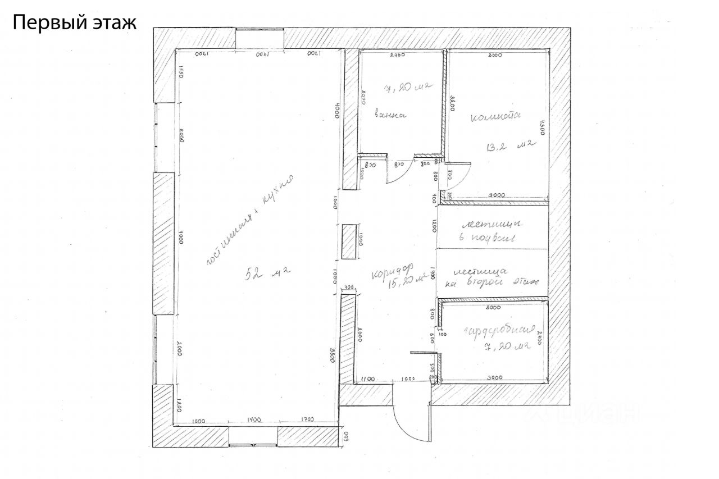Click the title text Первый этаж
pos(74,23)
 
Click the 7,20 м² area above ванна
pos(406,88)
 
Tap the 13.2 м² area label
pos(509,147)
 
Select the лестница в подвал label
pos(492,230)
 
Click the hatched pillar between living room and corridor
pos(349,241)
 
